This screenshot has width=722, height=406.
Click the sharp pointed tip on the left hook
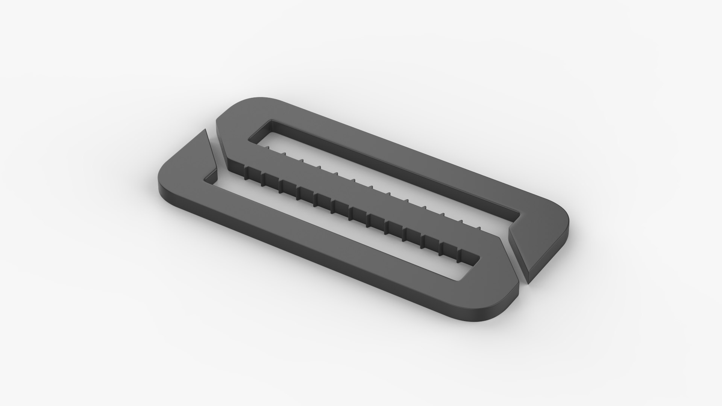click(205, 130)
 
